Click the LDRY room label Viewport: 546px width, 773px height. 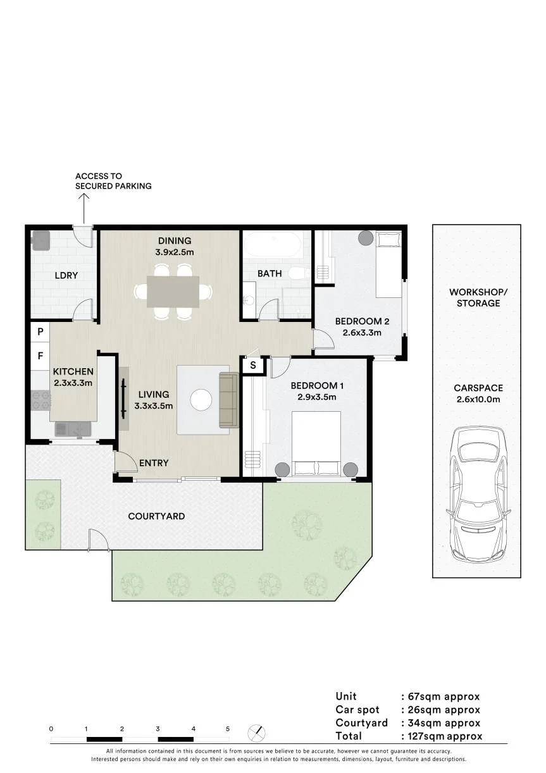click(66, 275)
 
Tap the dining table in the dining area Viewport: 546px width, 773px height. click(173, 292)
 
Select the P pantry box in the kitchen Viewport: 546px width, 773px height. click(40, 331)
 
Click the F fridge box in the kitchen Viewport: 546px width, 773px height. click(40, 356)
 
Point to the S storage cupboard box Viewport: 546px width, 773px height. click(253, 365)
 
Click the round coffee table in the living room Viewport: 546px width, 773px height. click(201, 400)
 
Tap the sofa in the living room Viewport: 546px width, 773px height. click(229, 400)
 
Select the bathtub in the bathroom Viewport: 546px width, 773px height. click(273, 244)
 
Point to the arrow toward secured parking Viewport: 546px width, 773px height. click(84, 209)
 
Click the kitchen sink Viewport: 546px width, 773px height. click(73, 429)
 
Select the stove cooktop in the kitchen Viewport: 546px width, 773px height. click(40, 400)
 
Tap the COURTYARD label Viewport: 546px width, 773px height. click(156, 516)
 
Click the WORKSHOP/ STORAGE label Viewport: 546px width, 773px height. click(478, 297)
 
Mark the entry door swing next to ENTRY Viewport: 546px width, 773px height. click(125, 461)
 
